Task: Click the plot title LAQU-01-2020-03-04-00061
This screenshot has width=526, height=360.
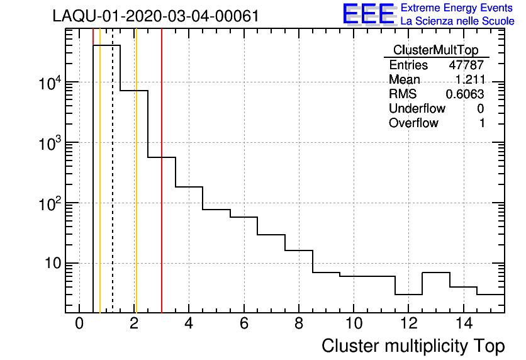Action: click(x=156, y=16)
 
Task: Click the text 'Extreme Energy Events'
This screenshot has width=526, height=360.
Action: click(x=457, y=8)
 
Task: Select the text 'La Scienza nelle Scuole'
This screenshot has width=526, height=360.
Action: click(x=457, y=21)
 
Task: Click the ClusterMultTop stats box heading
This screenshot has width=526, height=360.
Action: click(x=435, y=50)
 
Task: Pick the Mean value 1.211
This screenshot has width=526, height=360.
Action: click(x=470, y=80)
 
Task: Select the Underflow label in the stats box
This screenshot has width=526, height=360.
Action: click(x=417, y=109)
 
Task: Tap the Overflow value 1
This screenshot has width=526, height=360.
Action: click(x=482, y=123)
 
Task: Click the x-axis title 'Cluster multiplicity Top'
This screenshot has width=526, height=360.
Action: click(x=413, y=346)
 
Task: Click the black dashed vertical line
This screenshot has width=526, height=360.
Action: click(x=113, y=189)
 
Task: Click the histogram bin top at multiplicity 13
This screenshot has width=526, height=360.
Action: click(x=435, y=273)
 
